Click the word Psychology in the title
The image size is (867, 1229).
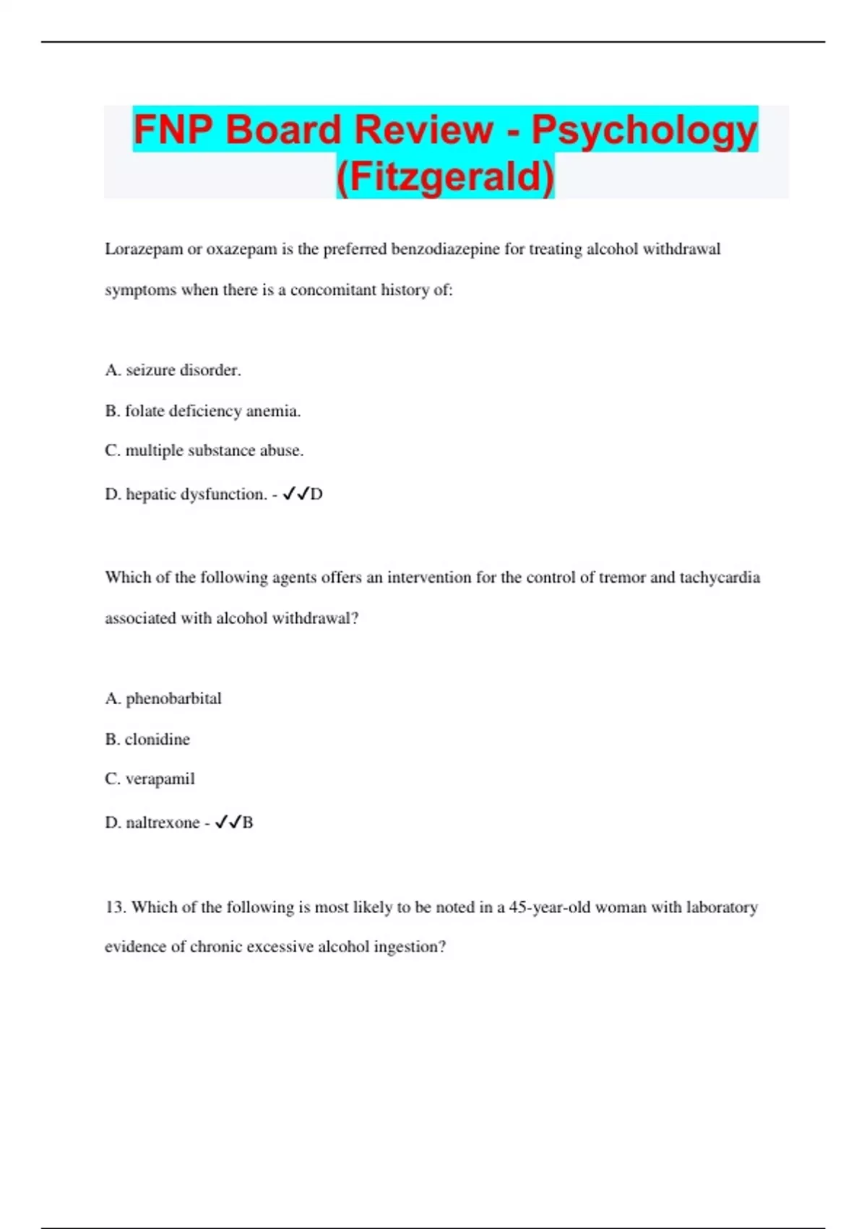coord(644,131)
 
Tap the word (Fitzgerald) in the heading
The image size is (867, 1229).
coord(445,176)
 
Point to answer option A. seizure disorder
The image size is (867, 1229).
coord(173,370)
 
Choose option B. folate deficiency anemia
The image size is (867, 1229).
coord(202,411)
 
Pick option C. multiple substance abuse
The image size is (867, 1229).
coord(204,450)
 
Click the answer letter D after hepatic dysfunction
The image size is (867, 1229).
coord(316,494)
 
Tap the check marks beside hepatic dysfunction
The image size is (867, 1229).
coord(296,494)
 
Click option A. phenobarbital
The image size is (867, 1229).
coord(163,698)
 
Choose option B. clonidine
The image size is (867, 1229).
coord(147,739)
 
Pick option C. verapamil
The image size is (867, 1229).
coord(150,779)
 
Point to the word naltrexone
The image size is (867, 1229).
coord(163,823)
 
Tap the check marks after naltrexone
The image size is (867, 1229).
coord(228,822)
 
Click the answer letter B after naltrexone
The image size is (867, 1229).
coord(248,823)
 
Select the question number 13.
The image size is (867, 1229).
coord(116,907)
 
